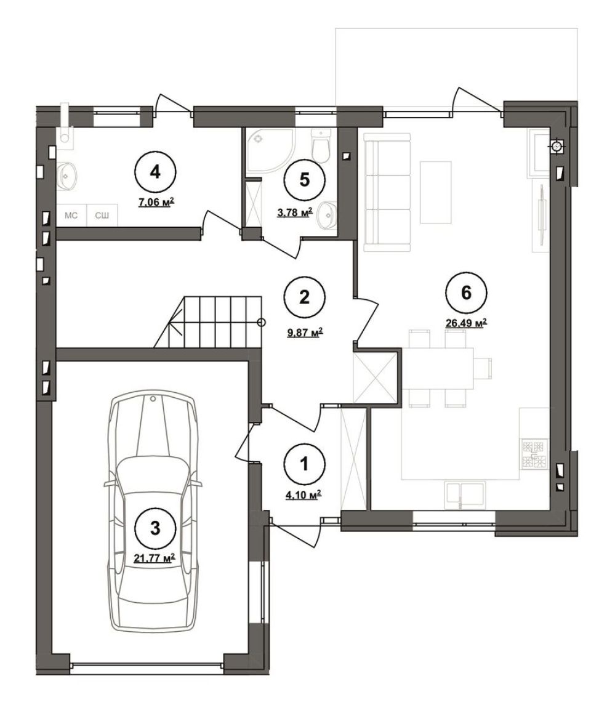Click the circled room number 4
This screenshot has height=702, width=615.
(155, 172)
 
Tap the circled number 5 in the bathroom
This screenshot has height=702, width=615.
(304, 180)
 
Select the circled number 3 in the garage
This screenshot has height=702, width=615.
(155, 528)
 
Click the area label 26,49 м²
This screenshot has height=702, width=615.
(467, 323)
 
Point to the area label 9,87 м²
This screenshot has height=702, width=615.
(304, 333)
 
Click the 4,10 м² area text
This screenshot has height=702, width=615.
(304, 495)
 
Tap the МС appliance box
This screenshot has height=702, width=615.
(71, 216)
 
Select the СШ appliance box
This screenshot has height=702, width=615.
(102, 216)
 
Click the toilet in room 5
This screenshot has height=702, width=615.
(321, 146)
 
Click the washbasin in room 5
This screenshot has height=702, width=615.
(327, 216)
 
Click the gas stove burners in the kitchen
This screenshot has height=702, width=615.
(534, 455)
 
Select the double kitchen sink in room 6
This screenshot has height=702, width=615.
(465, 495)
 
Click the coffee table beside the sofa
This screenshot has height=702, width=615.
(435, 192)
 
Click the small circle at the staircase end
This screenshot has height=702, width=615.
(262, 322)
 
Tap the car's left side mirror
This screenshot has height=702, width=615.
(108, 484)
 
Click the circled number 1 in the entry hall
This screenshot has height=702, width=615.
(304, 464)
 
